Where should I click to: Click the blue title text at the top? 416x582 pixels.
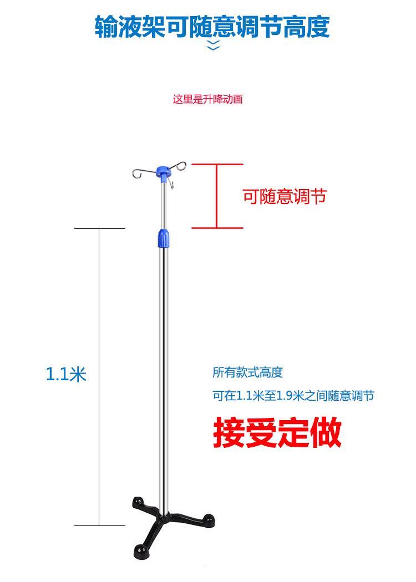pyautogui.click(x=212, y=26)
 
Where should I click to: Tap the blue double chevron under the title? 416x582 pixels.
pyautogui.click(x=213, y=46)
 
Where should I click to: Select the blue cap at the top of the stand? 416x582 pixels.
pyautogui.click(x=163, y=172)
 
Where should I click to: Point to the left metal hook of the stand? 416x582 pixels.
pyautogui.click(x=141, y=174)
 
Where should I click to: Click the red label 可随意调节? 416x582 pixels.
pyautogui.click(x=284, y=196)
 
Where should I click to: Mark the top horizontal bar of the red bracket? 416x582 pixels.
pyautogui.click(x=217, y=165)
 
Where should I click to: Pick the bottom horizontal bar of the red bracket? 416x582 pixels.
pyautogui.click(x=217, y=227)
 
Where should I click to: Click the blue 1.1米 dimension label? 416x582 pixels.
pyautogui.click(x=66, y=375)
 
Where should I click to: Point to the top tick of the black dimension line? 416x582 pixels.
pyautogui.click(x=100, y=228)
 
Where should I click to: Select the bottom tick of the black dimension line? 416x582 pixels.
pyautogui.click(x=100, y=525)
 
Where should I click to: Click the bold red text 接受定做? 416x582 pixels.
pyautogui.click(x=277, y=432)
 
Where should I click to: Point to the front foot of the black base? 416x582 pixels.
pyautogui.click(x=141, y=552)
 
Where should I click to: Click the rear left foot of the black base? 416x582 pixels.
pyautogui.click(x=138, y=502)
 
